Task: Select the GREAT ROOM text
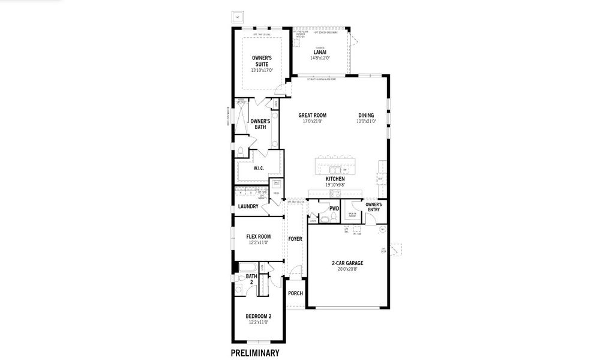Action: (x=312, y=115)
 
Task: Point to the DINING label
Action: (x=366, y=115)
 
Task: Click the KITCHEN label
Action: (x=335, y=179)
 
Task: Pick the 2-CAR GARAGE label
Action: (x=347, y=263)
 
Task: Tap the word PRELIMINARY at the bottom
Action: (x=255, y=353)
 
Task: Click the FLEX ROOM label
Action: (x=259, y=236)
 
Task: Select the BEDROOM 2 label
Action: (x=258, y=316)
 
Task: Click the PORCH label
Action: (x=295, y=293)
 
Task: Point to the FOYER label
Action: (x=295, y=239)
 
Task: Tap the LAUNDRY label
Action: (x=248, y=206)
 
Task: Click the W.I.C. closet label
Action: (x=259, y=168)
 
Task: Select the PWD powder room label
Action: (x=334, y=209)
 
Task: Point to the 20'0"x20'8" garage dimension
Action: (x=347, y=269)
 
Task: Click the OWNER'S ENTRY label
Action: (x=373, y=206)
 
